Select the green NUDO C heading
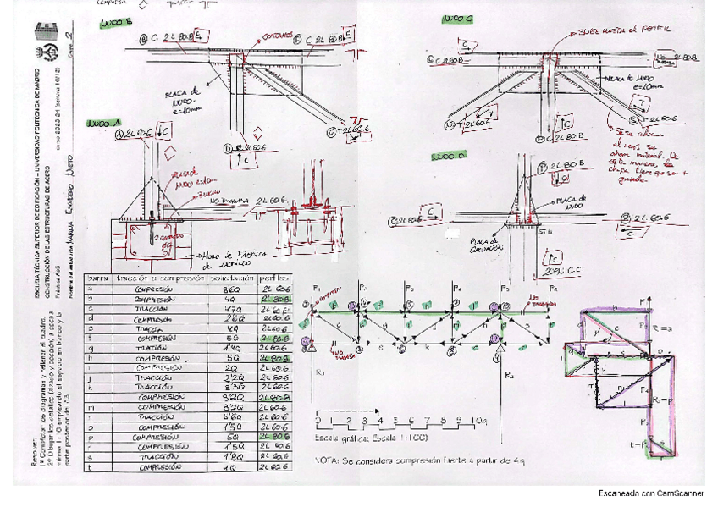pos(457,19)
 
